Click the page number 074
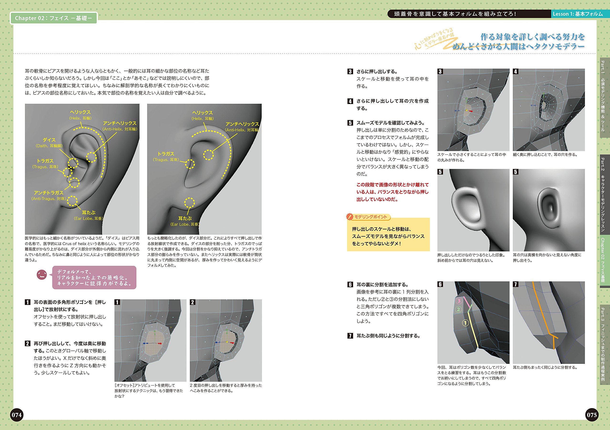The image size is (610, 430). click(x=16, y=415)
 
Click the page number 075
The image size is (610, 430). click(x=592, y=415)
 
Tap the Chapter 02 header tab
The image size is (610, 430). click(x=53, y=18)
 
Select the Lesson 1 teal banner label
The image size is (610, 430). click(x=577, y=14)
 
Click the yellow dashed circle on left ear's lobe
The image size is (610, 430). click(x=72, y=201)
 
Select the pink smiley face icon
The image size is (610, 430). click(x=42, y=275)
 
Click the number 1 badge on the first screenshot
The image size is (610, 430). click(x=117, y=302)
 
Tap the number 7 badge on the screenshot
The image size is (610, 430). click(x=516, y=284)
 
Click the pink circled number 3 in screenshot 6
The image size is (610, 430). click(x=459, y=301)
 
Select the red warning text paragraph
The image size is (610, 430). click(x=392, y=192)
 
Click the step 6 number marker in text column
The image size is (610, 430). click(x=350, y=285)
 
